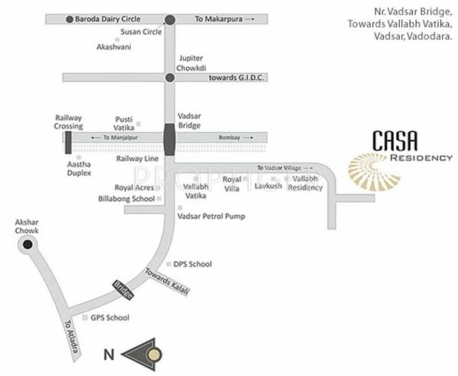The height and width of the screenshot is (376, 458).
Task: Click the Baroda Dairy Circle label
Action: [x=110, y=18]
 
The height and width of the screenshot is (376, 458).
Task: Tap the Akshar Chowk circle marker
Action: [x=28, y=245]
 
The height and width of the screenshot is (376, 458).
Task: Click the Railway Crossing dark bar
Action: [x=69, y=142]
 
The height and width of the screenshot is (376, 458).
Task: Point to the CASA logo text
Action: [x=395, y=140]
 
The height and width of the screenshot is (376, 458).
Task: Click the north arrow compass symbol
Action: [x=145, y=353]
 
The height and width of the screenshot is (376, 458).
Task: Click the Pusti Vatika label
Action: [x=124, y=124]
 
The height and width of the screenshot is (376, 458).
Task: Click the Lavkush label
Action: [x=268, y=185]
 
